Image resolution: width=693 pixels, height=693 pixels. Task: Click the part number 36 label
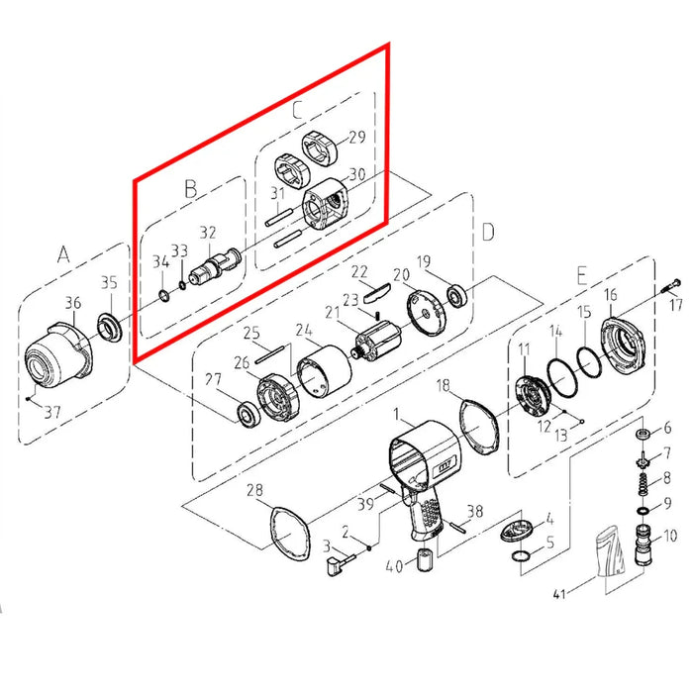pyautogui.click(x=73, y=303)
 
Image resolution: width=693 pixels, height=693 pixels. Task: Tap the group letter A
pyautogui.click(x=63, y=254)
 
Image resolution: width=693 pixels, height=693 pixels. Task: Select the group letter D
pyautogui.click(x=488, y=232)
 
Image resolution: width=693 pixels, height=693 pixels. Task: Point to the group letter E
pyautogui.click(x=582, y=275)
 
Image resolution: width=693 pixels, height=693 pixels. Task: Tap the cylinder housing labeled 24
pyautogui.click(x=325, y=372)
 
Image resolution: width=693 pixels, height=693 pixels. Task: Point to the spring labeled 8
pyautogui.click(x=643, y=484)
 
